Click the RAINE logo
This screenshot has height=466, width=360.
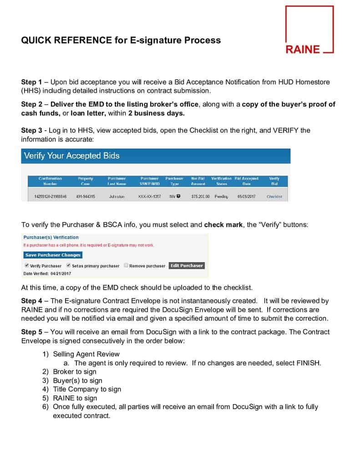click(309, 30)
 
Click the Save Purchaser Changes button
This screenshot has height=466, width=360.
click(53, 255)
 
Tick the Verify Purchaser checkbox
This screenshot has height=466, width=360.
click(27, 265)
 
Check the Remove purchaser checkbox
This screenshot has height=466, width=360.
click(126, 265)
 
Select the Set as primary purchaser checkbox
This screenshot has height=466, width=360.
click(68, 265)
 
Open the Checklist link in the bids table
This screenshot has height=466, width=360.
click(274, 197)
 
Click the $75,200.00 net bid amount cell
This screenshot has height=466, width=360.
click(200, 197)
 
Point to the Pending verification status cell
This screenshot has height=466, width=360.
click(221, 197)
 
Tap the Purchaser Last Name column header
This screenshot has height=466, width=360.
click(117, 181)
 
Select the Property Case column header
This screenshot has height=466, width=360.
click(86, 181)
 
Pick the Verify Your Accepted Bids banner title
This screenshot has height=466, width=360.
click(71, 156)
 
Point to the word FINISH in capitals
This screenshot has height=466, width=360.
click(309, 363)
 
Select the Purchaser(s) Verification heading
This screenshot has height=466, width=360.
click(51, 237)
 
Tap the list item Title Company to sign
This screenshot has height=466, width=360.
click(87, 389)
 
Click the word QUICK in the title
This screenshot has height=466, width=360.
click(35, 40)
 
